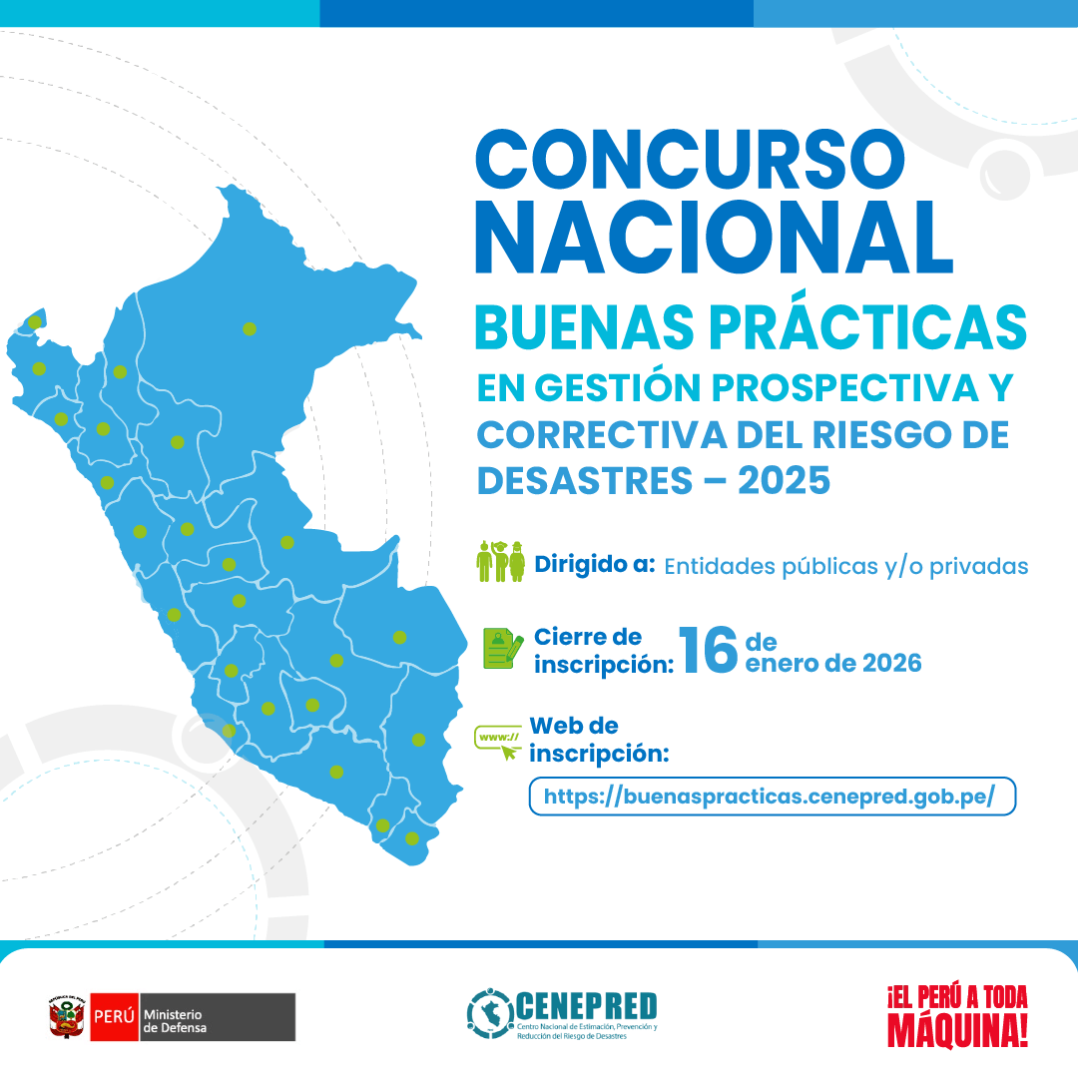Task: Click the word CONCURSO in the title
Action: coord(690,161)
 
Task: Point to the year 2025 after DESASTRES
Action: coord(784,481)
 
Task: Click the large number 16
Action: coord(707,651)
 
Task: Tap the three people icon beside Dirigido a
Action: coord(501,562)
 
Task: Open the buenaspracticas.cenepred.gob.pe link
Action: coord(771,797)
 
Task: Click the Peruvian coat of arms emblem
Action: coord(67,1017)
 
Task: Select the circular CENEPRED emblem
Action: coord(490,1013)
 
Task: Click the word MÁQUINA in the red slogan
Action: coord(956,1031)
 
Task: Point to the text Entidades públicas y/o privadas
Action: coord(845,566)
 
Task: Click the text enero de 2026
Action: coord(833,663)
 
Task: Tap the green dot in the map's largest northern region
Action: coord(249,328)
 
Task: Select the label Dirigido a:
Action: coord(595,564)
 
